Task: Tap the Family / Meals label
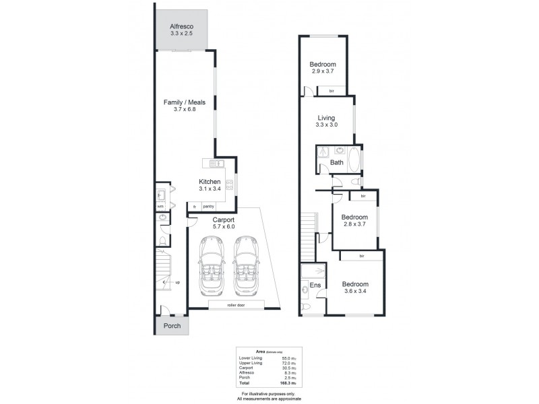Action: click(184, 102)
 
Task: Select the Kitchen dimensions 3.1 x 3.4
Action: click(210, 190)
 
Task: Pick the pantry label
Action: click(209, 207)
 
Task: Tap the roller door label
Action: click(236, 305)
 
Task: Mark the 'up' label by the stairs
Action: click(177, 282)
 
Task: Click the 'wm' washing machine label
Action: click(160, 206)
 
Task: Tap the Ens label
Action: click(315, 284)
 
